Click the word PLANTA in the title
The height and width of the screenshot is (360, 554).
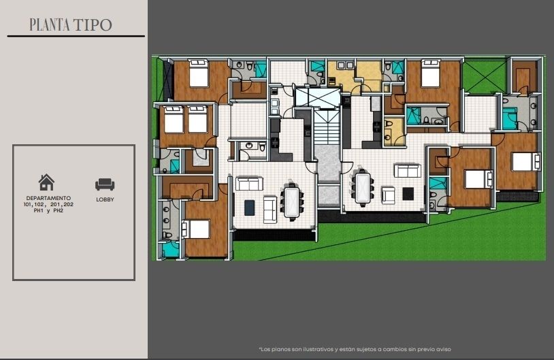pyautogui.click(x=50, y=24)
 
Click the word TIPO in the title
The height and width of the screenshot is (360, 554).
pyautogui.click(x=93, y=24)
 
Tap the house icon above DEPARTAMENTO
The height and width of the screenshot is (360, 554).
pyautogui.click(x=46, y=182)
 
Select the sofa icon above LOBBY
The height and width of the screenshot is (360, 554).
pyautogui.click(x=105, y=184)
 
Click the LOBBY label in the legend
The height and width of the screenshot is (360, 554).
pyautogui.click(x=105, y=199)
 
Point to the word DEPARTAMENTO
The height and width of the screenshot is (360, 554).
pyautogui.click(x=48, y=198)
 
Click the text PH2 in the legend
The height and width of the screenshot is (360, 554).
pyautogui.click(x=59, y=210)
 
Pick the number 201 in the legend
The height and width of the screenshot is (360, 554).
pyautogui.click(x=56, y=204)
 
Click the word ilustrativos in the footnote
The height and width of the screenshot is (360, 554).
pyautogui.click(x=316, y=349)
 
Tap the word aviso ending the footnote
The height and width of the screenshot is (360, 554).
pyautogui.click(x=443, y=349)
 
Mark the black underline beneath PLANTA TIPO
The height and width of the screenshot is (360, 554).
pyautogui.click(x=76, y=36)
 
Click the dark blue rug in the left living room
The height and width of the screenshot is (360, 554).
pyautogui.click(x=250, y=208)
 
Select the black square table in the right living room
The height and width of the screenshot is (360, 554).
pyautogui.click(x=408, y=193)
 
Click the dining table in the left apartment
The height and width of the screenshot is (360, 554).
pyautogui.click(x=292, y=202)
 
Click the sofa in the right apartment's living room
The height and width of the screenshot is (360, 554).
pyautogui.click(x=408, y=171)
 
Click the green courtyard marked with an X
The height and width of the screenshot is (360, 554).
pyautogui.click(x=485, y=76)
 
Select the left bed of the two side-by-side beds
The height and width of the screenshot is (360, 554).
pyautogui.click(x=174, y=119)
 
